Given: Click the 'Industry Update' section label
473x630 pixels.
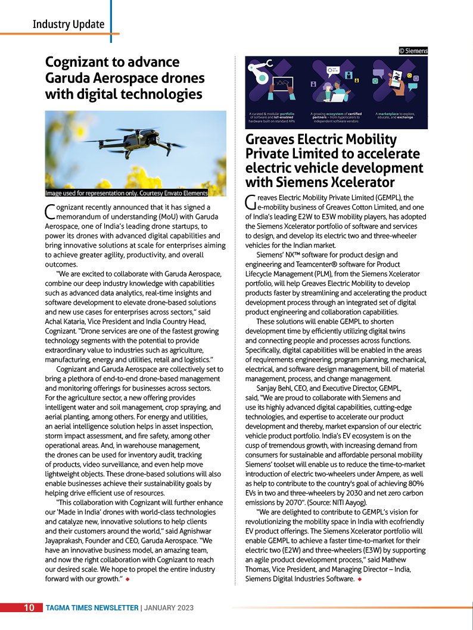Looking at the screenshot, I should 69,24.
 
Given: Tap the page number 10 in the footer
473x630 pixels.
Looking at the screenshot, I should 29,608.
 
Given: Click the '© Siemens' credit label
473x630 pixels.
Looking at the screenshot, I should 413,51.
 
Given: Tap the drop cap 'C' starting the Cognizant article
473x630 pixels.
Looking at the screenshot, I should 50,211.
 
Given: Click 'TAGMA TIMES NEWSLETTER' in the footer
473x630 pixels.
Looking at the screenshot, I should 92,608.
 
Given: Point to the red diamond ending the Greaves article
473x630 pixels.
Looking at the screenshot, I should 360,578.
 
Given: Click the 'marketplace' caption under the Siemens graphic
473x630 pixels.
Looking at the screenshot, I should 397,113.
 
